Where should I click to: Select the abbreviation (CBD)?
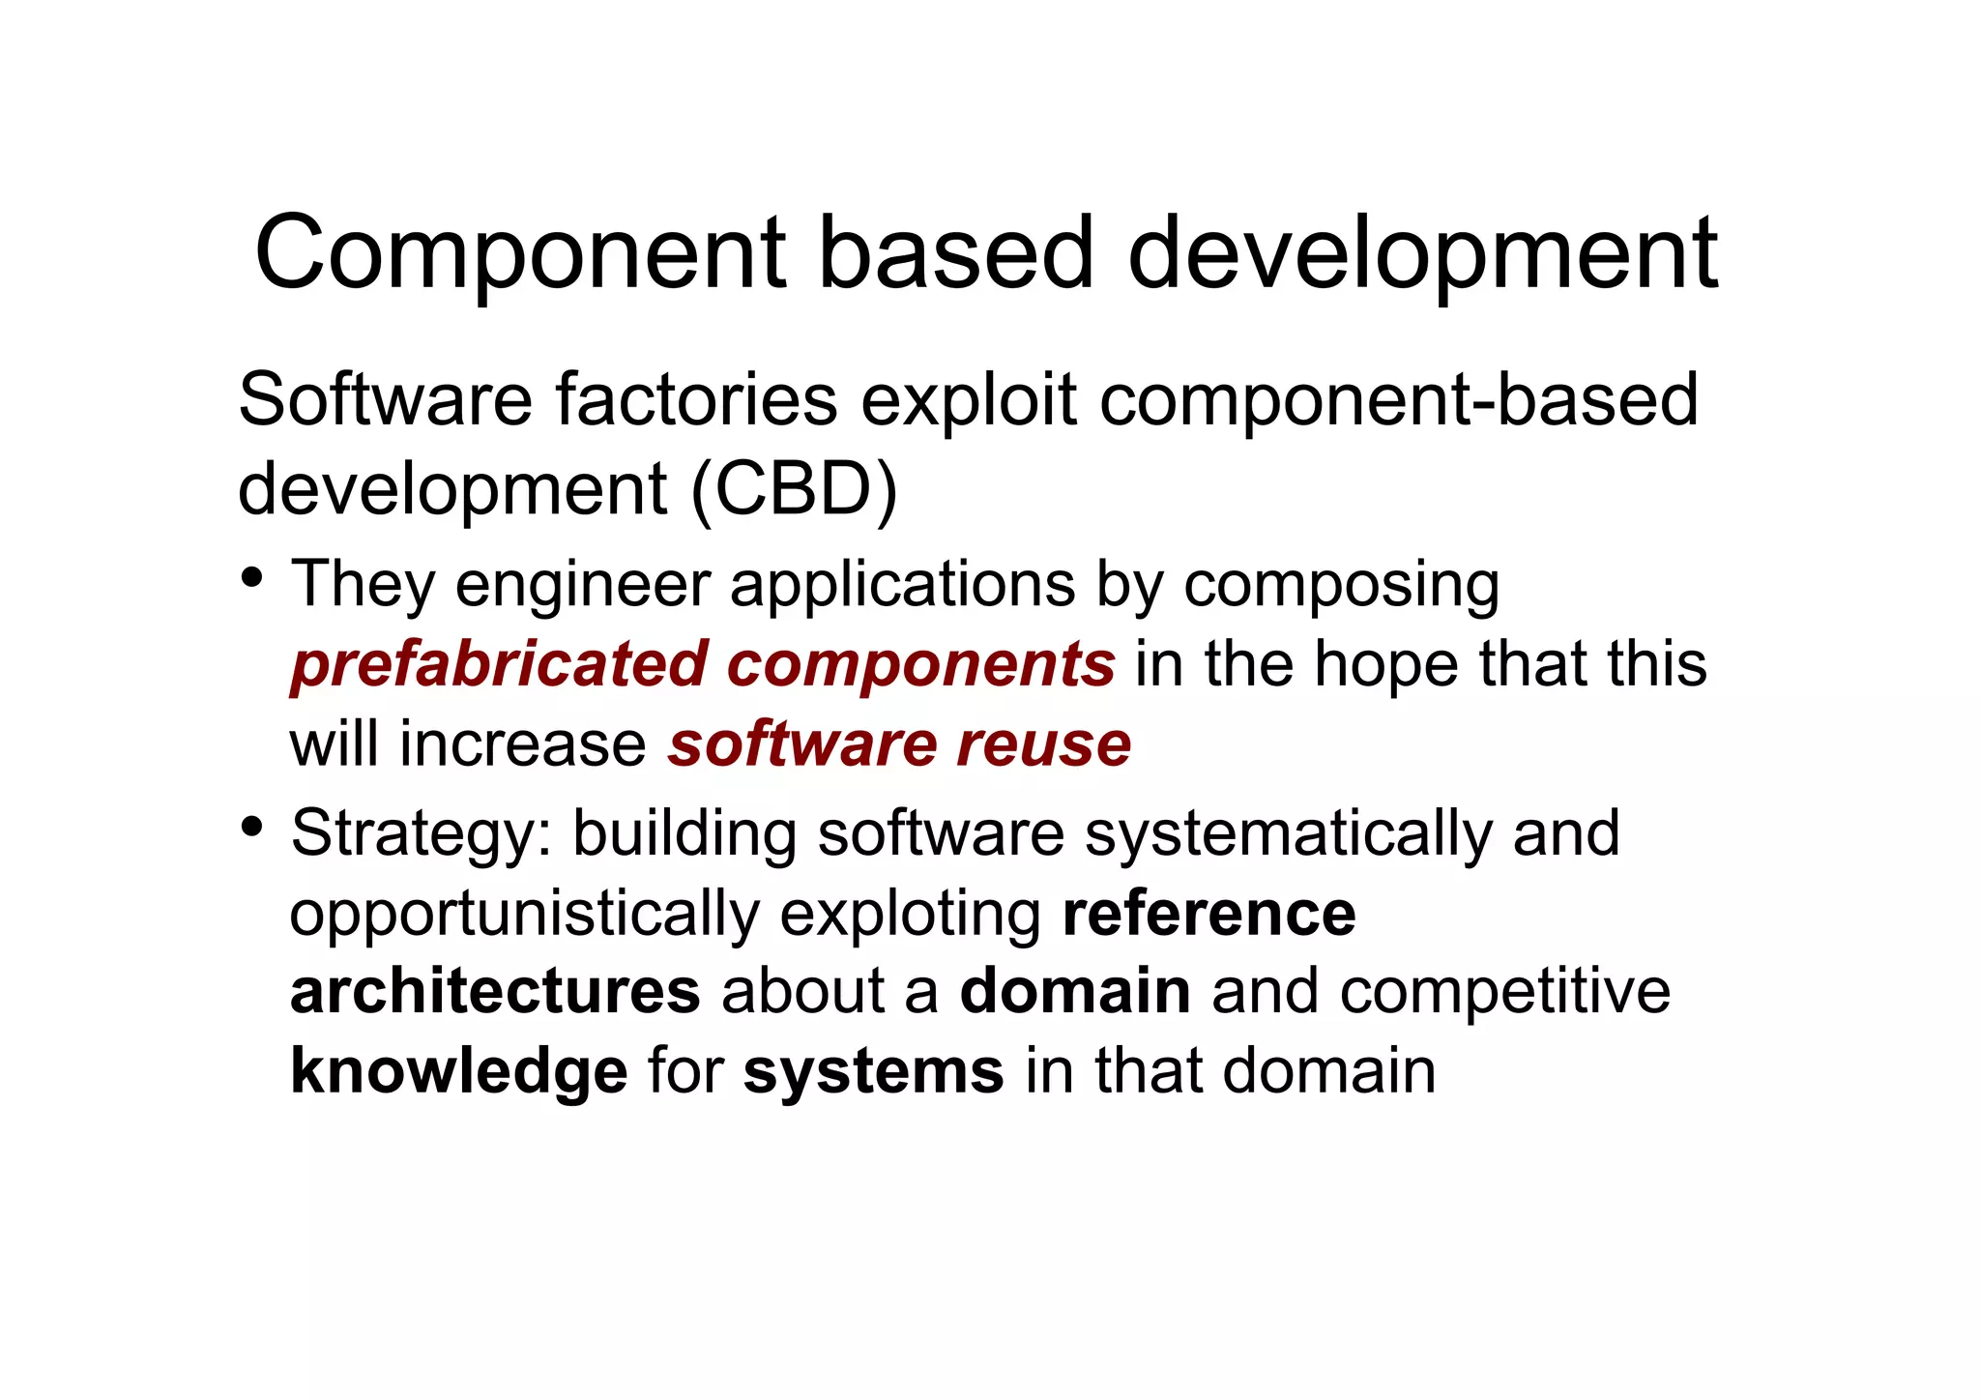(x=795, y=489)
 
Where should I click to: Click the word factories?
(x=696, y=399)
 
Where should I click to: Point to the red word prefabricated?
(x=499, y=665)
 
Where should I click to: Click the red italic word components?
(x=920, y=665)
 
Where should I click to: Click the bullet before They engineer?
(x=252, y=578)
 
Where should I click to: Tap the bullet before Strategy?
(x=252, y=827)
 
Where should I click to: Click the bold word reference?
(x=1208, y=914)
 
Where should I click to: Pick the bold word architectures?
(x=495, y=992)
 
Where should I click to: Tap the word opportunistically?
(x=524, y=914)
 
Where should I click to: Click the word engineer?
(x=582, y=585)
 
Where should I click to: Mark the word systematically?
(x=1288, y=833)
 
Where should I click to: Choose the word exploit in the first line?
(x=968, y=399)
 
